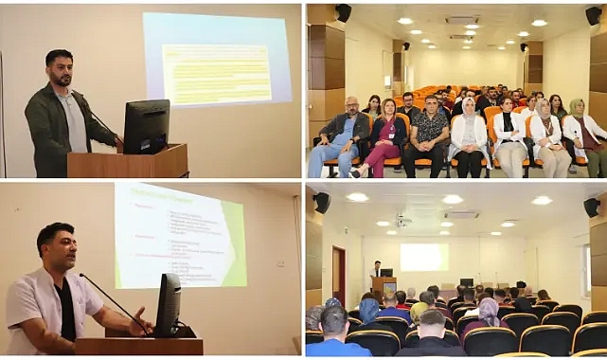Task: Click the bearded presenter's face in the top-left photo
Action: pos(61,70)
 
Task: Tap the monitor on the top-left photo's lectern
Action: pos(147,126)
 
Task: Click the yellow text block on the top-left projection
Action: pos(216,75)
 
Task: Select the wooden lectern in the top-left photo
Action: pos(128,162)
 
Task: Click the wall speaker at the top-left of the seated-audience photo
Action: pos(342,12)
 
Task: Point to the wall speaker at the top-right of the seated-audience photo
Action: pos(593,14)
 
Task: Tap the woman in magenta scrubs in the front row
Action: pos(384,137)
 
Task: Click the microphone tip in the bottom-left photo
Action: pos(81,276)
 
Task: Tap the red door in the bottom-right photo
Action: pos(339,271)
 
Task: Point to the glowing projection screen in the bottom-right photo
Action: pos(423,256)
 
